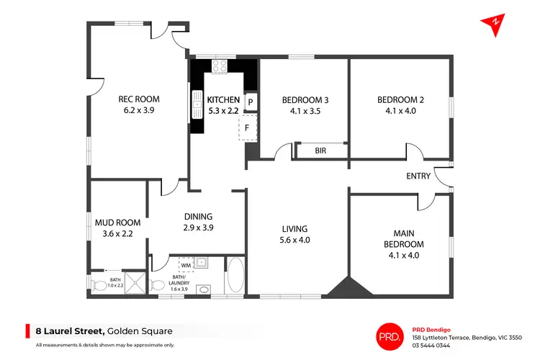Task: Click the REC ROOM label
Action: coord(139,99)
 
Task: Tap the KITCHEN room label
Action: coord(223,99)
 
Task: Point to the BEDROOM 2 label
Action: coord(400,100)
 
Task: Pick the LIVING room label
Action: coord(295,229)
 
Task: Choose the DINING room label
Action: coord(197,216)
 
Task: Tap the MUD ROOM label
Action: coord(118,222)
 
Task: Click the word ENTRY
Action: coord(418,176)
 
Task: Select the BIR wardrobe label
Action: coord(320,151)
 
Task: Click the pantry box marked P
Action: coord(251,102)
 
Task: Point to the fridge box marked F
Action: coord(247,128)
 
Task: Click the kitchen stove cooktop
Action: coord(219,66)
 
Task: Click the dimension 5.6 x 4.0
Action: coord(295,240)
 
